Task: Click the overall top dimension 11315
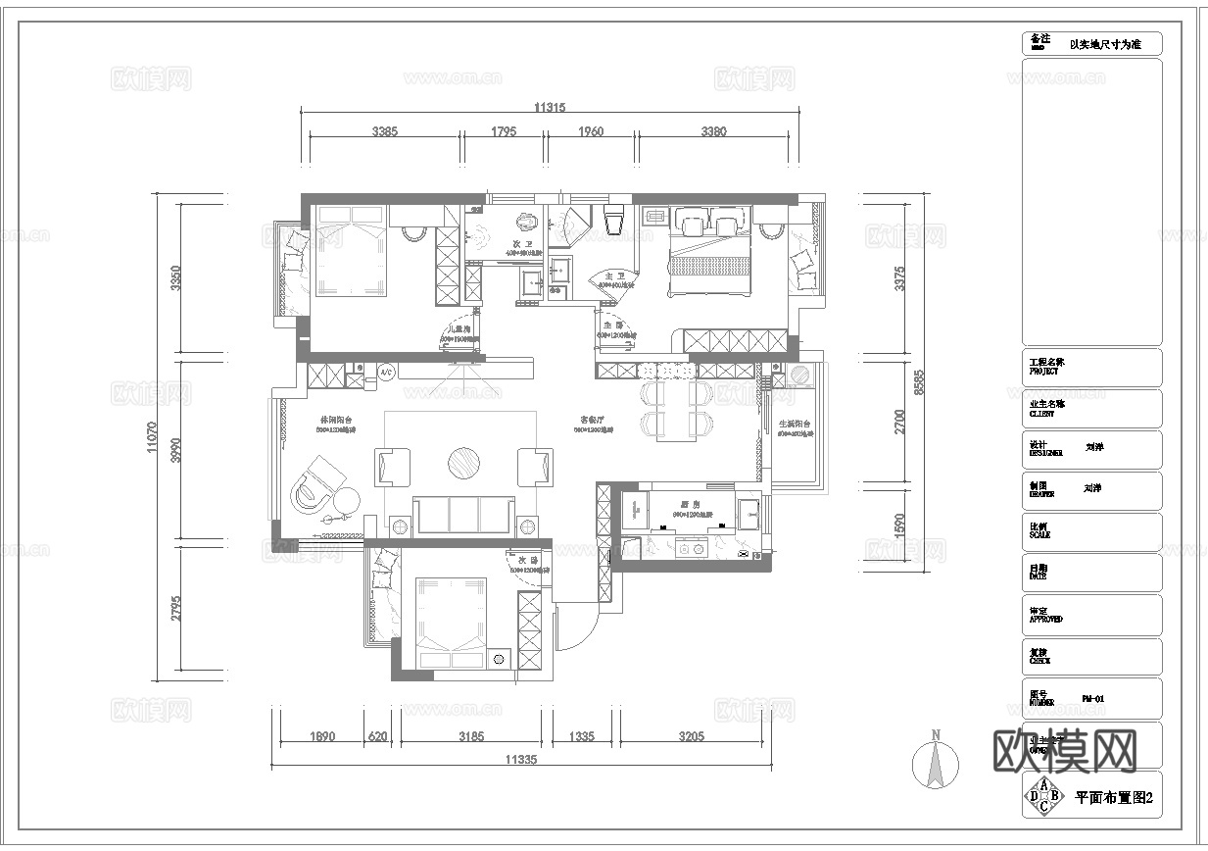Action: [x=550, y=108]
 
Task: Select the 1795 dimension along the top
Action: [x=504, y=131]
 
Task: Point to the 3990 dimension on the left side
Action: [x=175, y=450]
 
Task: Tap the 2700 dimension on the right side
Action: [x=900, y=422]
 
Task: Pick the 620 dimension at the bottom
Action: [x=376, y=736]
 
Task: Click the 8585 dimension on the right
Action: [x=919, y=382]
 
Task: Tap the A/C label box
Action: [x=385, y=373]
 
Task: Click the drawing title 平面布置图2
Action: [x=1113, y=798]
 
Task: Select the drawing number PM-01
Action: [x=1093, y=699]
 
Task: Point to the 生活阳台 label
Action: [x=795, y=425]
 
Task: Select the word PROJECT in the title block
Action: [x=1044, y=372]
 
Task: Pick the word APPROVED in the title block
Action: [x=1045, y=620]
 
